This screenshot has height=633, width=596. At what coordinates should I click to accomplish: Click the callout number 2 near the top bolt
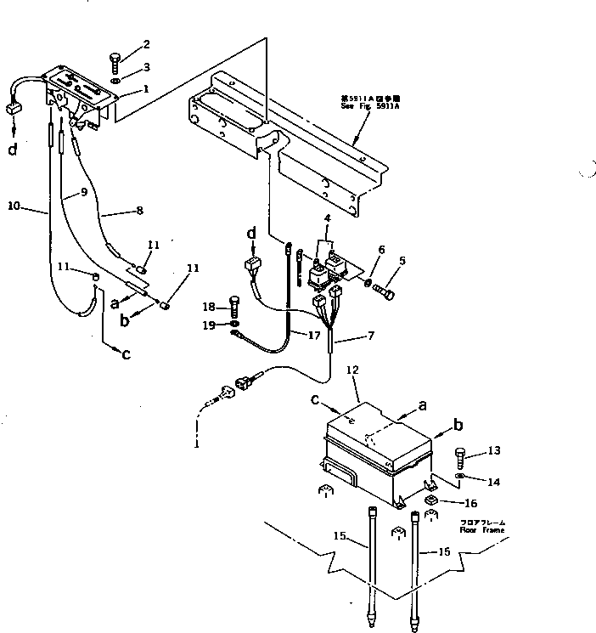click(146, 44)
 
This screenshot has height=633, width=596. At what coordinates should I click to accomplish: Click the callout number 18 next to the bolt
click(210, 307)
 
